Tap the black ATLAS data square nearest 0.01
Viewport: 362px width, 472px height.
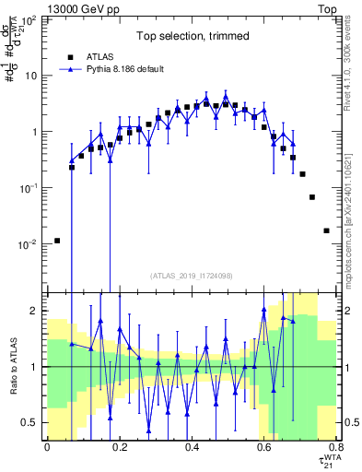point(57,241)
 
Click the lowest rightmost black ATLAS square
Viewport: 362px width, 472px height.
point(326,230)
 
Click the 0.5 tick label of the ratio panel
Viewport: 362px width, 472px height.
point(32,422)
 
